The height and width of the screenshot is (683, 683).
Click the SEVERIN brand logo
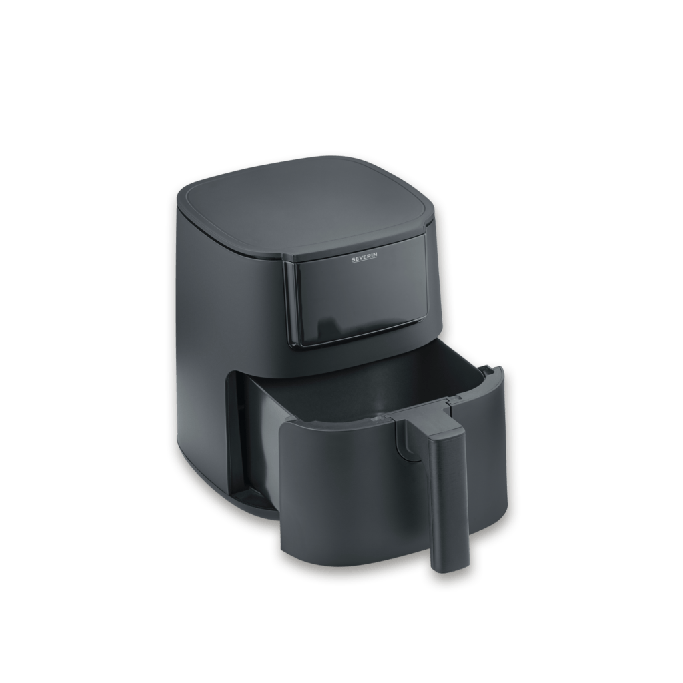tap(365, 261)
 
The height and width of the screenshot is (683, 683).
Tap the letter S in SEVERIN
tap(354, 261)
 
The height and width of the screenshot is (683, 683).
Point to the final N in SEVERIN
tap(376, 259)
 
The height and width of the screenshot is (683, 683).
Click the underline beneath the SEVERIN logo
tap(365, 263)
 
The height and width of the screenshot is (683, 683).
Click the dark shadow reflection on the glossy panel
tap(331, 327)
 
